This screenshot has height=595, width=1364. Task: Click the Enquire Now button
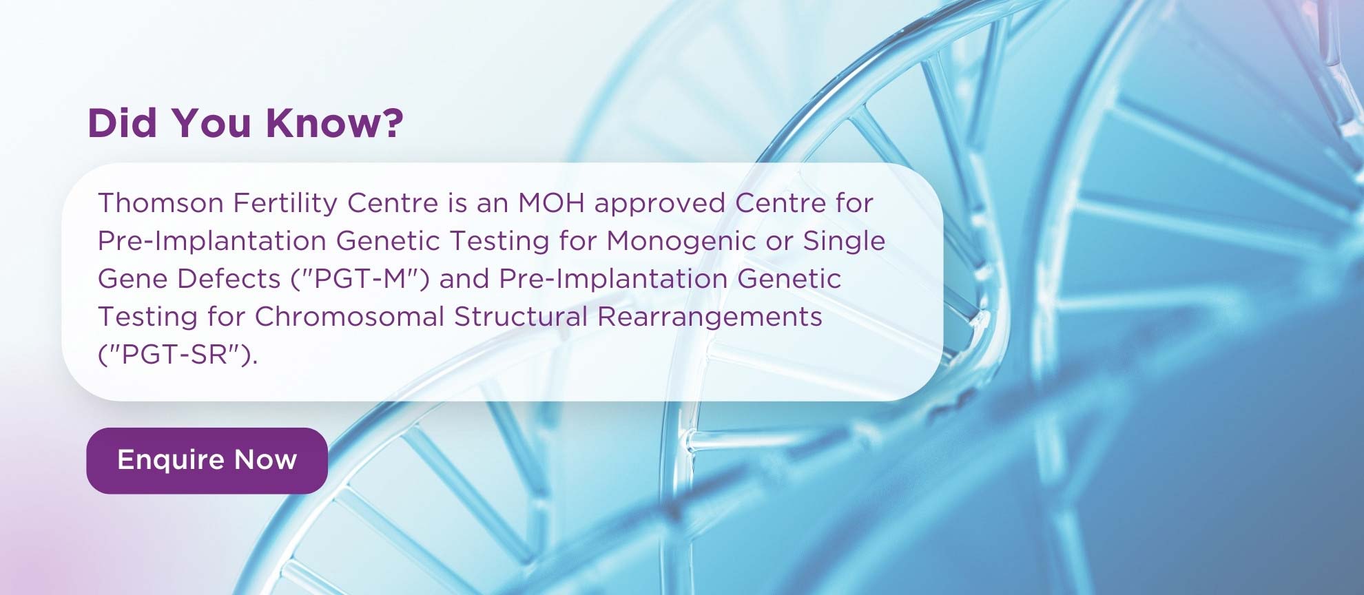207,460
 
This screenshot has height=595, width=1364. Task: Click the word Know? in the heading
335,123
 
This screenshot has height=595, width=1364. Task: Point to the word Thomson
161,203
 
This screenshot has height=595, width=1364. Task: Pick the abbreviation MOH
551,203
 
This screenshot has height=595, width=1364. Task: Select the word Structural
521,317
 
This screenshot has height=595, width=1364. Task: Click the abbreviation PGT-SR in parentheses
178,355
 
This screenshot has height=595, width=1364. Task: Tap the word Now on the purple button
266,460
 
